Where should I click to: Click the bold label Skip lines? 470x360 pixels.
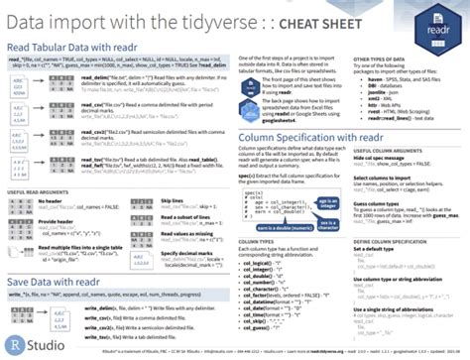point(163,200)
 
